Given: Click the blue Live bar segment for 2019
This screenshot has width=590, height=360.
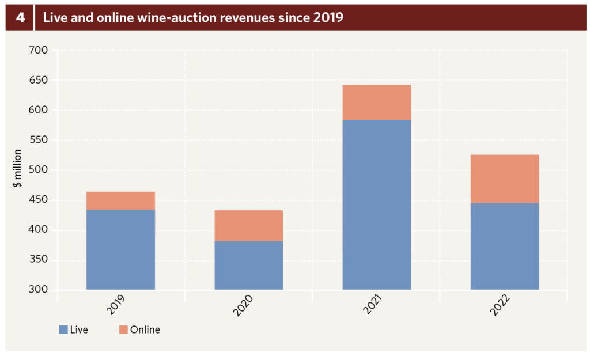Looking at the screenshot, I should click(120, 249).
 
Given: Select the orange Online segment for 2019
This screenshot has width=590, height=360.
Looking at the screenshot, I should click(120, 200).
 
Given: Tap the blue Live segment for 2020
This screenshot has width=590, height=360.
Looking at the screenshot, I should click(248, 265).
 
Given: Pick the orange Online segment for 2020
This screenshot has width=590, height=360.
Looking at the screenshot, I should click(248, 225).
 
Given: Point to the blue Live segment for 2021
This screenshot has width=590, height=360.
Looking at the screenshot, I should click(377, 204).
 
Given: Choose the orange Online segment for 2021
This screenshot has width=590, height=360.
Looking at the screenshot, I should click(377, 103).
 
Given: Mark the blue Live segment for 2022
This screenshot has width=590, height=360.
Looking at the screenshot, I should click(505, 246).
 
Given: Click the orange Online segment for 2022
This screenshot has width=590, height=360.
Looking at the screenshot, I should click(505, 179).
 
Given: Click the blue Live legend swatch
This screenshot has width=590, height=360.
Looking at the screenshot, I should click(63, 330).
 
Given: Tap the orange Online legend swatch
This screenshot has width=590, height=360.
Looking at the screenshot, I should click(123, 330).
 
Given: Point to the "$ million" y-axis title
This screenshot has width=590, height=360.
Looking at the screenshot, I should click(18, 168).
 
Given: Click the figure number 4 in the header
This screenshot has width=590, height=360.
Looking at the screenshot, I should click(20, 17).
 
